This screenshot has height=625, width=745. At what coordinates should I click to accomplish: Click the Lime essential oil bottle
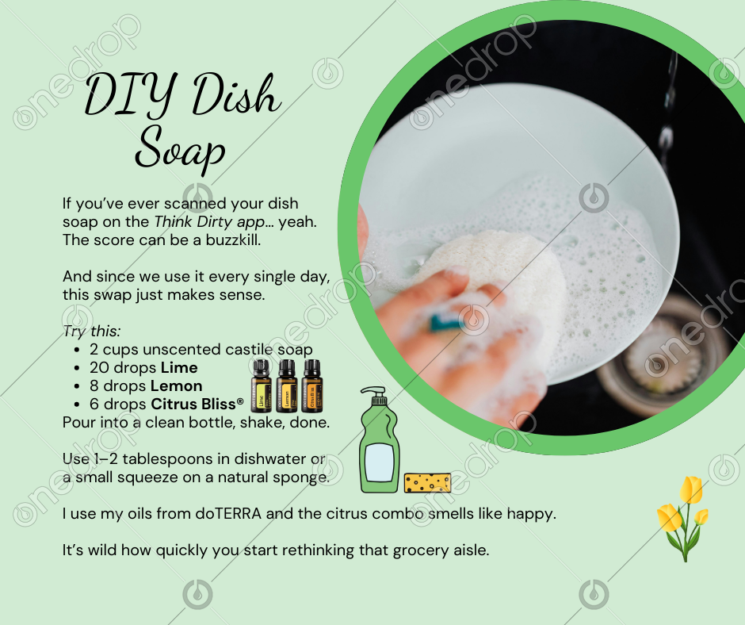(x=261, y=385)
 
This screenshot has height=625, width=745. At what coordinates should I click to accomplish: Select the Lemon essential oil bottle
(x=286, y=385)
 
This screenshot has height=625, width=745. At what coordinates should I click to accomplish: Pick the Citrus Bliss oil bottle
(x=311, y=385)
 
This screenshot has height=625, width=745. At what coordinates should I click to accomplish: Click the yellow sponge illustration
(x=428, y=483)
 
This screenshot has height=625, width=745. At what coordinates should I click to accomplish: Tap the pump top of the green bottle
(x=376, y=396)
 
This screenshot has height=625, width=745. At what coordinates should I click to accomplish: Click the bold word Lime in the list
(x=179, y=368)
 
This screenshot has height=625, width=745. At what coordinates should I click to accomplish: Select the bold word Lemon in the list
(x=176, y=385)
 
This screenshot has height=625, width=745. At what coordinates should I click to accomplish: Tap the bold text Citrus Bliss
(x=193, y=404)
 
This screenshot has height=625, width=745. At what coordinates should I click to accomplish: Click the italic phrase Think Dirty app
(x=209, y=222)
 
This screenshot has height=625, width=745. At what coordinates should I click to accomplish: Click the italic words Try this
(x=92, y=332)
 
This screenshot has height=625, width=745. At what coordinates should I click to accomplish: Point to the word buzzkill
(x=233, y=240)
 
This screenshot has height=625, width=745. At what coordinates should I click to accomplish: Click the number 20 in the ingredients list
(x=100, y=368)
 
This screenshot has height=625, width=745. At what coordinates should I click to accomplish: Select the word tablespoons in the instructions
(x=168, y=459)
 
